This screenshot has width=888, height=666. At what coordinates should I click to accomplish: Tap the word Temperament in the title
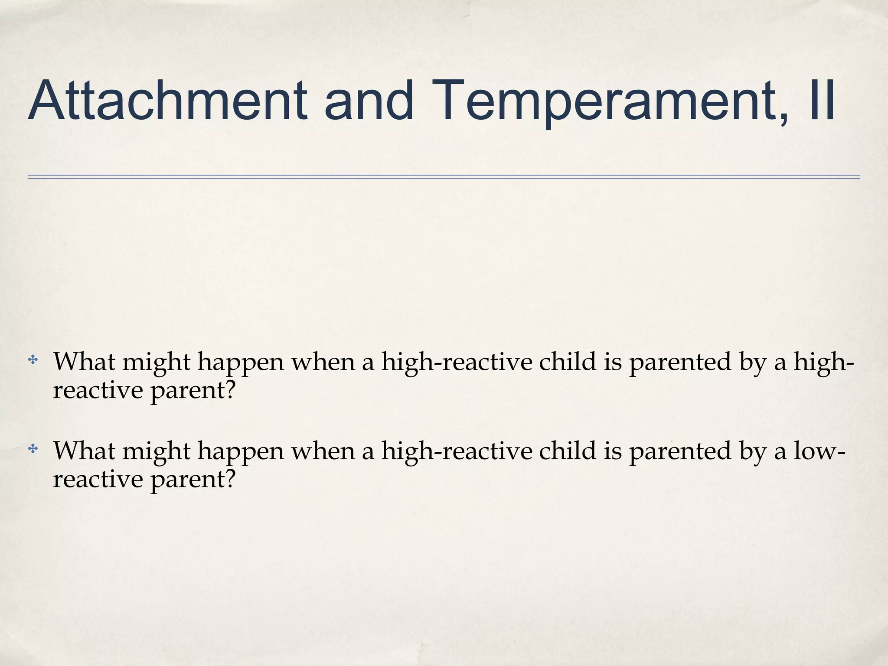[x=607, y=101]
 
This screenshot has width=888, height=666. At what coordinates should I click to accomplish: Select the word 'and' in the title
[x=369, y=101]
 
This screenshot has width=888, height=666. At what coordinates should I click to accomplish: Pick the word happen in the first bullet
[x=241, y=362]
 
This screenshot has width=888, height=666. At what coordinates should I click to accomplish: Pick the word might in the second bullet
[x=156, y=451]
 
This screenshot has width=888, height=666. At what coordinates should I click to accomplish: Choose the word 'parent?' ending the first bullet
[x=193, y=391]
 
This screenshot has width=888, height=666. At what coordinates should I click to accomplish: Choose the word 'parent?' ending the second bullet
[x=193, y=480]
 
